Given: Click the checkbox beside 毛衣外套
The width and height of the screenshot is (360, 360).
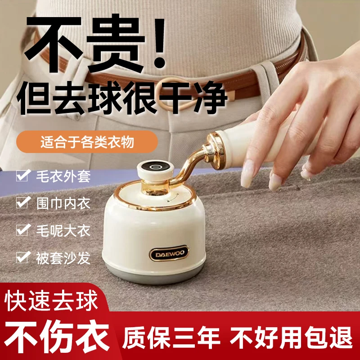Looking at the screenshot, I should (x=22, y=176).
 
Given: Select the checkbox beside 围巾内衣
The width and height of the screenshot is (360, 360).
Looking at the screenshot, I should (x=22, y=203).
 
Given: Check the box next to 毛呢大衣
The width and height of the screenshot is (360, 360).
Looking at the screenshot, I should (x=22, y=230).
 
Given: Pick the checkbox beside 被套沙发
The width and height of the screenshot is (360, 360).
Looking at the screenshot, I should (x=22, y=257).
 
